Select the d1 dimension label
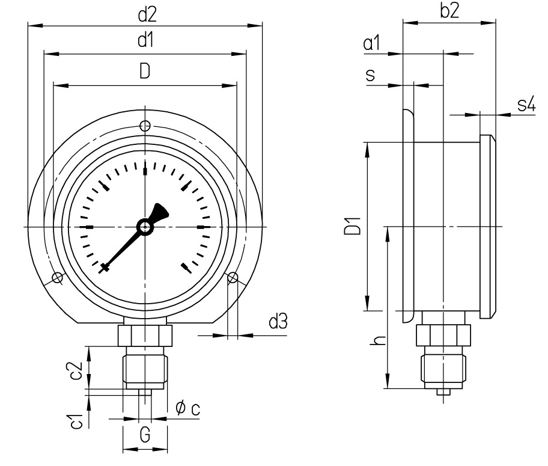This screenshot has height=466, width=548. point(145,41)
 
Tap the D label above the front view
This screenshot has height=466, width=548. point(145,72)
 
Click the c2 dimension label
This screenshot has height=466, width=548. point(76,371)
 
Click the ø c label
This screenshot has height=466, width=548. point(187,409)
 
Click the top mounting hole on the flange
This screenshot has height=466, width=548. point(145,126)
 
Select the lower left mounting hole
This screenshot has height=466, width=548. point(57,277)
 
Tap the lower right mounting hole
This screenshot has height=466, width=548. point(233,277)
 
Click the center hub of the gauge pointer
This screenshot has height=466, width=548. point(145,227)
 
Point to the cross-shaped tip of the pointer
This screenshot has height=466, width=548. point(105,268)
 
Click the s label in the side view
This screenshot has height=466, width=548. point(371,75)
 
